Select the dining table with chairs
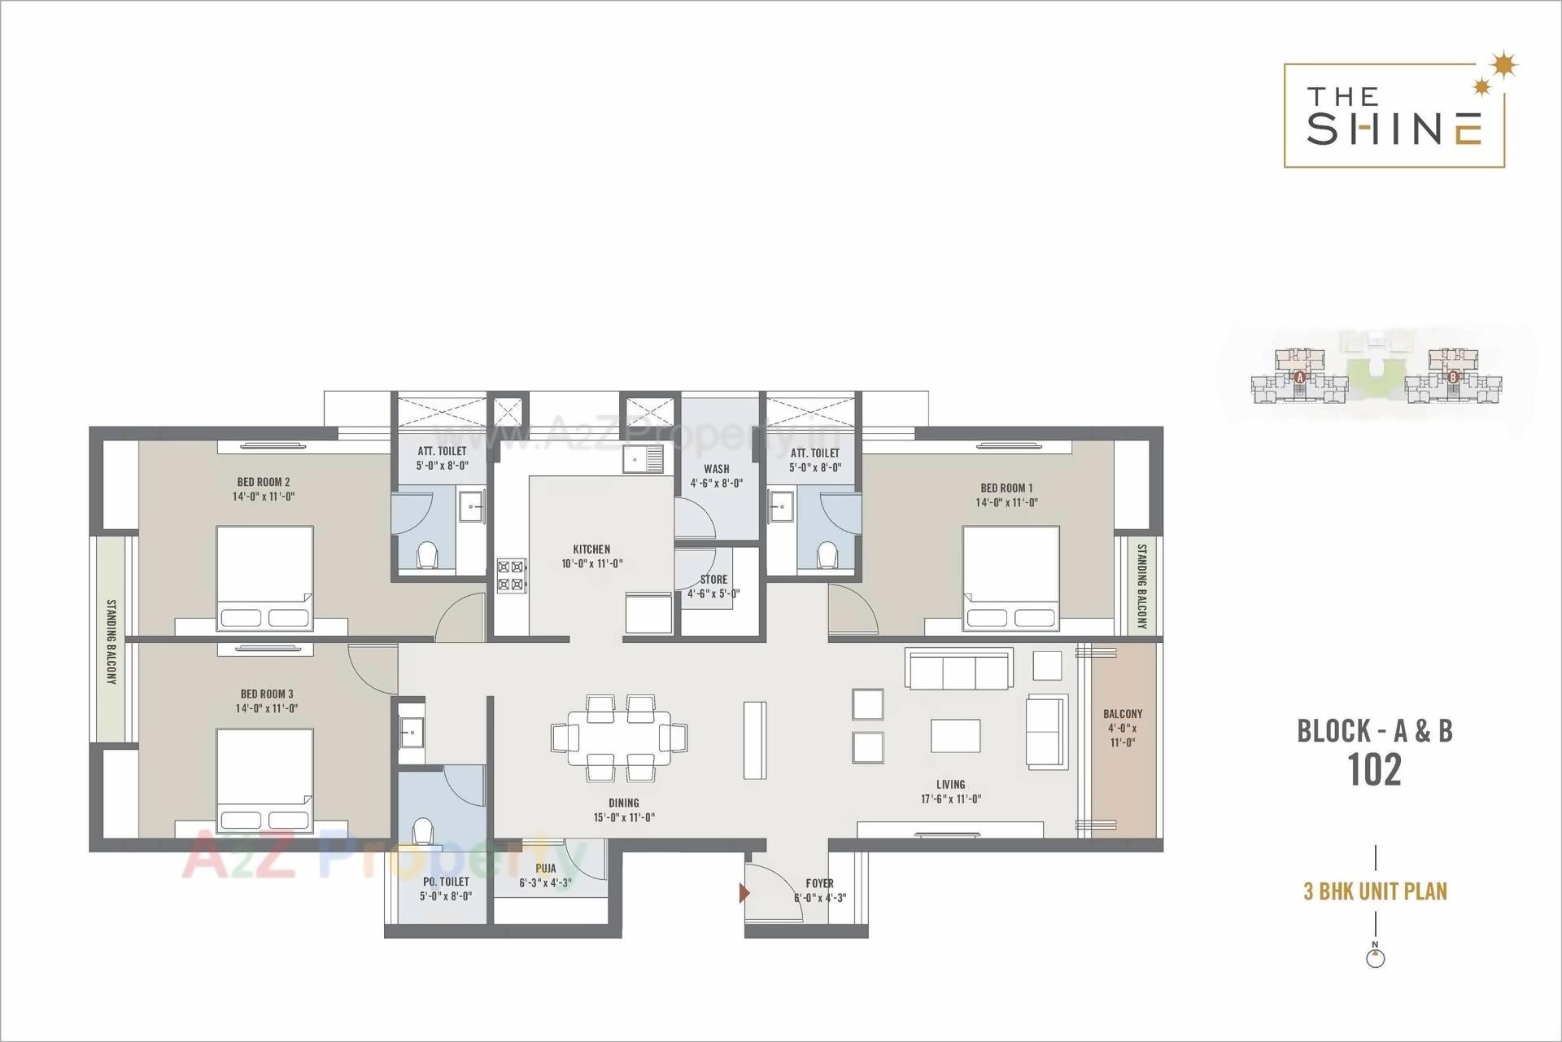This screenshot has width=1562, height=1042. [619, 738]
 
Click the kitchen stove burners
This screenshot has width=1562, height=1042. [512, 574]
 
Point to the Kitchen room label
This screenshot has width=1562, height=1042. [591, 549]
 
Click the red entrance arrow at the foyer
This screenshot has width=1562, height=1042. [744, 893]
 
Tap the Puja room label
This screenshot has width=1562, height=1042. [545, 869]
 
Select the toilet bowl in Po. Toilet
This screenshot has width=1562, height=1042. [422, 832]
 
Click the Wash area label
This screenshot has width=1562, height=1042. [717, 469]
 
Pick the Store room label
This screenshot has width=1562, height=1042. [713, 580]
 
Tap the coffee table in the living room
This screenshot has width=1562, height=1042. [955, 736]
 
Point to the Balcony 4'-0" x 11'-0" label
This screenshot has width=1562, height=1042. [1123, 728]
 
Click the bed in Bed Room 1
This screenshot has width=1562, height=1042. [1010, 578]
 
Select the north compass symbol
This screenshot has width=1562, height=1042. [1375, 957]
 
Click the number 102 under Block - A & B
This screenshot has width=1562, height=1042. [1375, 770]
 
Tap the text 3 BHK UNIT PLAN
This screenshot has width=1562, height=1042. [1375, 891]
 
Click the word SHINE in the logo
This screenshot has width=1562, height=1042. [1394, 129]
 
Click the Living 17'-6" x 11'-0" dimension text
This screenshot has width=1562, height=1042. [950, 799]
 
